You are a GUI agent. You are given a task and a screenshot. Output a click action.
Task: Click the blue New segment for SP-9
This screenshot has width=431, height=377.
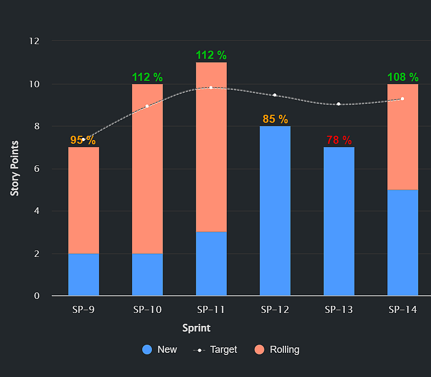coord(84,275)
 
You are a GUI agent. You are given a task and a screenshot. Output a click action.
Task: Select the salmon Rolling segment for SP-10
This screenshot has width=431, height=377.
coord(147,169)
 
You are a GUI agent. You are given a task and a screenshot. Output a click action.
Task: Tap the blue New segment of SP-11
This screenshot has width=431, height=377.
coord(211,263)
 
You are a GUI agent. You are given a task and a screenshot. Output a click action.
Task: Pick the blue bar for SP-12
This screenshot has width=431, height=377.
coord(275,211)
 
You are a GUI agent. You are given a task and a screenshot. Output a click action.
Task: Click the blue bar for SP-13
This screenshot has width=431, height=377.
coord(339,221)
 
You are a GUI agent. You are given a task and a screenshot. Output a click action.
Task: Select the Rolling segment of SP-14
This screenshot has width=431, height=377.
coord(402,137)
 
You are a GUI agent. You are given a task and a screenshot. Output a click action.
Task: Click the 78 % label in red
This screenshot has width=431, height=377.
coord(339,140)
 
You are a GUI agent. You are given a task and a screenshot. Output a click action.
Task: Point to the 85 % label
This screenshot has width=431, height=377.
coord(275,119)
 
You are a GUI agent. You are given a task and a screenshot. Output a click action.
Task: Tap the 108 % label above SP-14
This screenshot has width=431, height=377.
coord(402,77)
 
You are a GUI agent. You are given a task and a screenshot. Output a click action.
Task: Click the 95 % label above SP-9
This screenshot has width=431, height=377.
coord(83,140)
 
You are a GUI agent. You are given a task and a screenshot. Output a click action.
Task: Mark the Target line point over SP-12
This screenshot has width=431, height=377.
coord(275,95)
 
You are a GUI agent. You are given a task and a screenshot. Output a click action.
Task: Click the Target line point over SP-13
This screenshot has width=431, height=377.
coord(339,104)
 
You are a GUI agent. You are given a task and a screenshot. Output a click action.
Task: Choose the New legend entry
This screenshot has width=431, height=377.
coord(159,350)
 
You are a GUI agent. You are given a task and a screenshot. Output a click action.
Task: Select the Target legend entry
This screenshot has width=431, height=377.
coord(215,350)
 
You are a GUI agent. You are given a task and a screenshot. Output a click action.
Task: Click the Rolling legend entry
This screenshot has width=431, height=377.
coord(276,350)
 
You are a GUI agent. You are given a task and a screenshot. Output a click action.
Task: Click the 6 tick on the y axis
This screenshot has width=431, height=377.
coord(37,169)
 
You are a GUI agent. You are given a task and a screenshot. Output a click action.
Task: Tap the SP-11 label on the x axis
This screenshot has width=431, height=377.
coord(211,310)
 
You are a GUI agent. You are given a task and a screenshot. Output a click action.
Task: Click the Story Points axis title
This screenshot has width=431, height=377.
coord(15,168)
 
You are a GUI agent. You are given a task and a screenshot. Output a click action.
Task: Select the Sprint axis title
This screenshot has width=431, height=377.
coord(196,328)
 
